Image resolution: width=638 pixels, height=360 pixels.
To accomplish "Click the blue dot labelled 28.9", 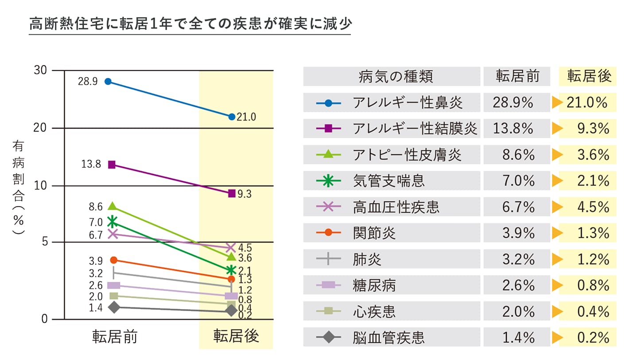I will pos(108,82).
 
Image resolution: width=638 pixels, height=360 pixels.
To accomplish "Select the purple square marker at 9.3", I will pos(231,194).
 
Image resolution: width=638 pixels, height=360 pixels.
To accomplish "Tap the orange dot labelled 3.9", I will pos(113,260).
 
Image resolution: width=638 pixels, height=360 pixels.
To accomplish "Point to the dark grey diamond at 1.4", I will pos(114,307).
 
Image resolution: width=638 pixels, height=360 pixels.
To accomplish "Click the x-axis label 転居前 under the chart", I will pos(115,337).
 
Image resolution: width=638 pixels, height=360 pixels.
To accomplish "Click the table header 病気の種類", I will pos(395,77).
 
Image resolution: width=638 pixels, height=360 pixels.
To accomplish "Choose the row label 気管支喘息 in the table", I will pos(389,181).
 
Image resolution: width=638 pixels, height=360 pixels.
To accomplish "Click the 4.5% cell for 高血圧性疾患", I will pos(593,207).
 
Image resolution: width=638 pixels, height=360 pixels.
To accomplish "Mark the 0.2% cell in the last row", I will pos(593,338).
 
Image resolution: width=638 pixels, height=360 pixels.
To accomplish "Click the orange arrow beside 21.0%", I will pos(556,104).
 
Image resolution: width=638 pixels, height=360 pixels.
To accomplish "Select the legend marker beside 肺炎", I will pos(328,259).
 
